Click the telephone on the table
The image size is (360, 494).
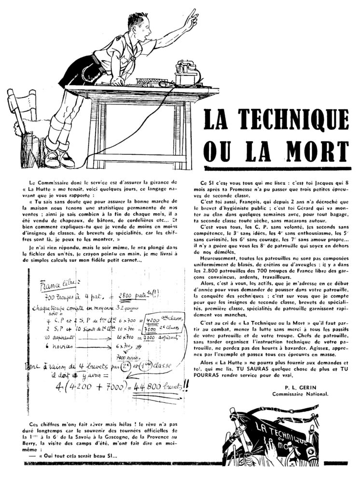click(x=188, y=72)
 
